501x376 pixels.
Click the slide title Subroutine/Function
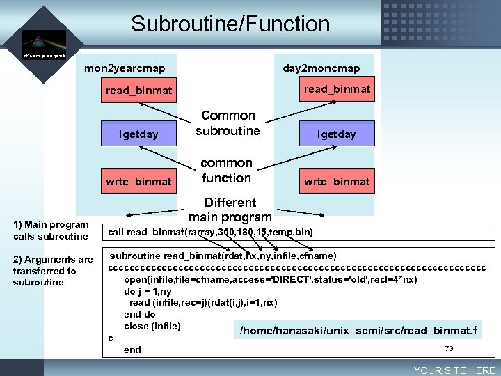tap(230, 24)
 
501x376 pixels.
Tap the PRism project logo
tap(44, 45)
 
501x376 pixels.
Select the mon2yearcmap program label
tap(125, 68)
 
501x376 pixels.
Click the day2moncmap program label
tap(321, 68)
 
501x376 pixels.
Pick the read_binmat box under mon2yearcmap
tap(138, 91)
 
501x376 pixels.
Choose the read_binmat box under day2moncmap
tap(337, 88)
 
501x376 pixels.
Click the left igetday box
tap(138, 134)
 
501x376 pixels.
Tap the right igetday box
tap(337, 134)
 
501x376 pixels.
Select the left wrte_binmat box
tap(138, 181)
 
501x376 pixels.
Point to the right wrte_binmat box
tap(337, 181)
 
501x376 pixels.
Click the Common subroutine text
tap(228, 123)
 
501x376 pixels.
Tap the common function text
tap(226, 171)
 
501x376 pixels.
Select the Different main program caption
tap(230, 210)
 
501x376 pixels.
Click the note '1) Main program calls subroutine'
tap(51, 230)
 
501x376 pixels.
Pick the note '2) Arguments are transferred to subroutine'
tap(52, 271)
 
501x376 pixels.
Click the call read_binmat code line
tap(209, 232)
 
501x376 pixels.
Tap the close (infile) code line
tap(152, 327)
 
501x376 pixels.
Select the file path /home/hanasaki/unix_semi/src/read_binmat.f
tap(358, 330)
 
